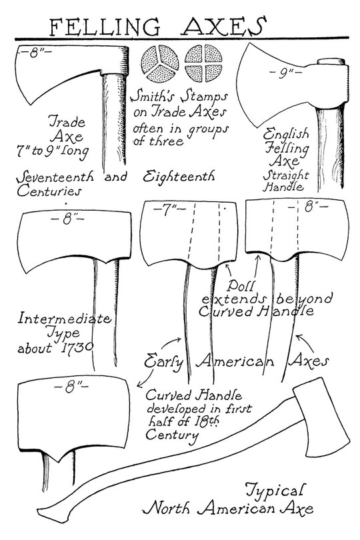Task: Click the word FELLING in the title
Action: coord(105,27)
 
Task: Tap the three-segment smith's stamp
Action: coord(160,63)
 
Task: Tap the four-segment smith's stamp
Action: coord(203,63)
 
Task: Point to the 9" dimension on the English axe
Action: coord(285,73)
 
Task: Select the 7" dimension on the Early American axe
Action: coord(169,210)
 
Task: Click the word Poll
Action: coord(241,286)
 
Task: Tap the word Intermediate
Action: coord(65,318)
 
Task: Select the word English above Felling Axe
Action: coord(286,134)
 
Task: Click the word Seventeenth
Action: coord(55,177)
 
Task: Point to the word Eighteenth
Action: coord(179,177)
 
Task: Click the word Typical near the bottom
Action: coord(275,491)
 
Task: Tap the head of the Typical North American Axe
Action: coord(321,418)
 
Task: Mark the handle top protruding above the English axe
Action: coord(331,61)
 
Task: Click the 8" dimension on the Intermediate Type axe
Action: coord(67,219)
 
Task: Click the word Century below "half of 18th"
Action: coord(172,435)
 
